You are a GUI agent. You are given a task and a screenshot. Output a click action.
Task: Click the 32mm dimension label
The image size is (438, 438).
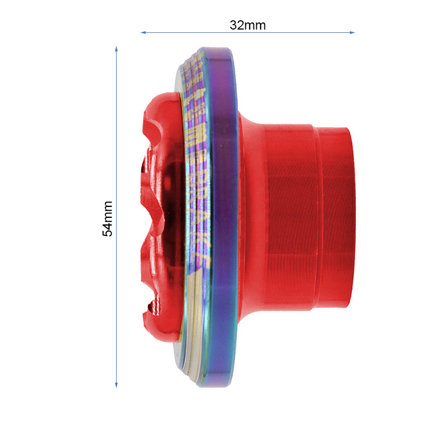pos(248,25)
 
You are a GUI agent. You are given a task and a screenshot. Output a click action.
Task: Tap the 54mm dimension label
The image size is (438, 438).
pos(108,218)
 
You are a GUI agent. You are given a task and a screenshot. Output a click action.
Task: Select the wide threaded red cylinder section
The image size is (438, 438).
pos(290,219)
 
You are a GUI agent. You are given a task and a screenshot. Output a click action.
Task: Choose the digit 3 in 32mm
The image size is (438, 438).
pos(234,25)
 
